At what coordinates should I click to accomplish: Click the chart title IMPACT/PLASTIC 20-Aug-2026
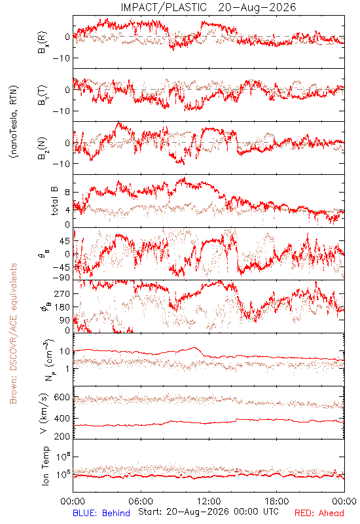click(x=208, y=7)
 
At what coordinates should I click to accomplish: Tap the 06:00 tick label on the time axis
click(x=141, y=501)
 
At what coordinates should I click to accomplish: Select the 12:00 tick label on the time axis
click(x=209, y=501)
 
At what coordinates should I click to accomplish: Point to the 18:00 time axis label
click(x=277, y=501)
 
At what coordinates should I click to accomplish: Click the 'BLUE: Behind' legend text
click(x=101, y=513)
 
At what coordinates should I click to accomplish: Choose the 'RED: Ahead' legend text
click(x=319, y=513)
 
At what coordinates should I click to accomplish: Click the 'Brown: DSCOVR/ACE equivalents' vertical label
click(x=13, y=333)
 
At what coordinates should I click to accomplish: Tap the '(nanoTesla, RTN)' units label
click(x=14, y=122)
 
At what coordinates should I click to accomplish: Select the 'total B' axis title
click(x=54, y=201)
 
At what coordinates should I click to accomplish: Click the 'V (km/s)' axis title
click(x=44, y=413)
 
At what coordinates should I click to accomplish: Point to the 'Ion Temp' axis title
click(x=45, y=466)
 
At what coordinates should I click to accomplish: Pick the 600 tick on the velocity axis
click(x=62, y=397)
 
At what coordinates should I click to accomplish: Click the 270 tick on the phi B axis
click(x=62, y=293)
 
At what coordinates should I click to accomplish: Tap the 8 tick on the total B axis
click(x=67, y=193)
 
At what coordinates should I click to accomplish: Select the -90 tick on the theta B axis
click(x=61, y=278)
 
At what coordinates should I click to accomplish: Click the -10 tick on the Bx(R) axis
click(x=61, y=58)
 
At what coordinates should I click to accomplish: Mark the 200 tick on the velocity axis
click(x=62, y=436)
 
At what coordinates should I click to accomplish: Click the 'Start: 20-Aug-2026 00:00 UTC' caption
click(x=208, y=512)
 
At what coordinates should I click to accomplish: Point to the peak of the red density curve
click(x=194, y=348)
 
